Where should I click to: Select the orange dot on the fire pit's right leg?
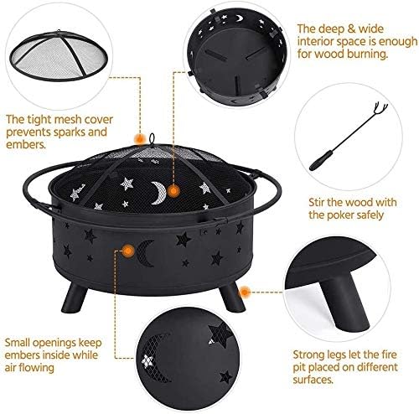[246, 291]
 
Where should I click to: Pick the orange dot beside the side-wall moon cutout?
[127, 250]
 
